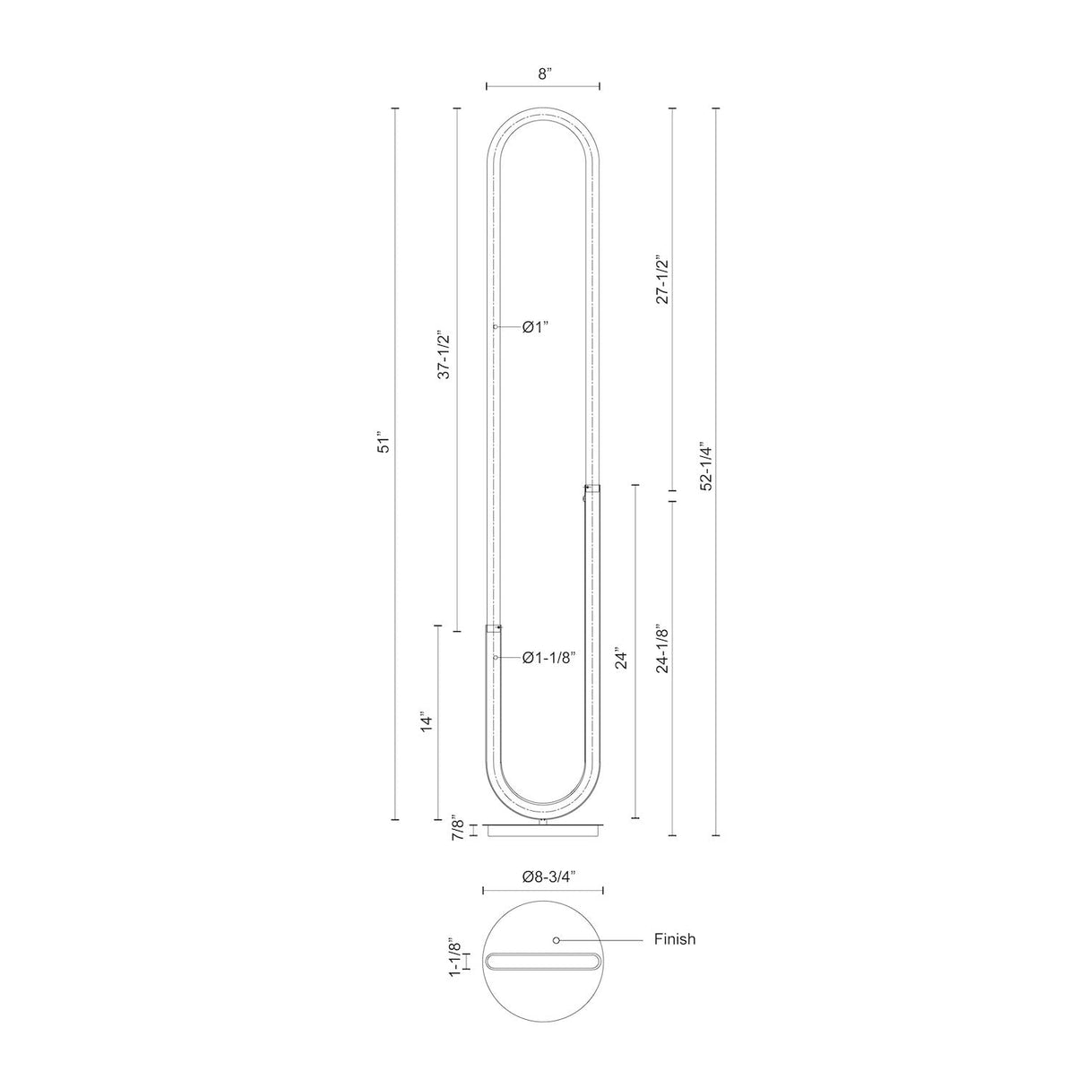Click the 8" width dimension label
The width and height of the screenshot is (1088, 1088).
(544, 73)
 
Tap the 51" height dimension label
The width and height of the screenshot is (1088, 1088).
(384, 445)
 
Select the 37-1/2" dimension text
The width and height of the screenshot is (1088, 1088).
(445, 354)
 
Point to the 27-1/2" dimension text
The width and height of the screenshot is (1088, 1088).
(661, 280)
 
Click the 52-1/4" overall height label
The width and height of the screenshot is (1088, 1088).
(705, 466)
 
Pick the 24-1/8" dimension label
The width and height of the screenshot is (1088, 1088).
(661, 649)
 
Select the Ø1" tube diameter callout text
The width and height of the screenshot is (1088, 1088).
(535, 327)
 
